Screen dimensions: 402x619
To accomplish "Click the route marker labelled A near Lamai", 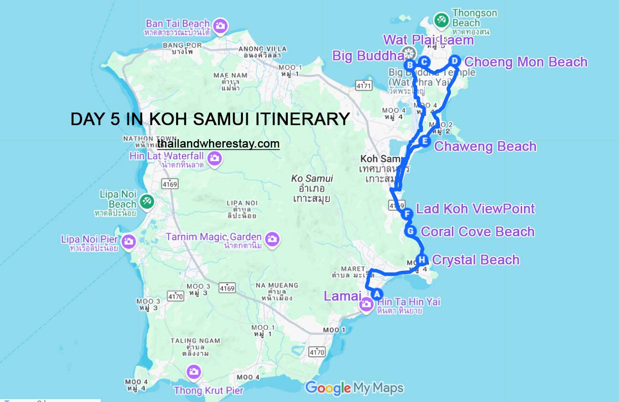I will pyautogui.click(x=376, y=294).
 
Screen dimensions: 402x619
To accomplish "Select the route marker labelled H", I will pyautogui.click(x=422, y=260).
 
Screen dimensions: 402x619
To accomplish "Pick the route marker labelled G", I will pyautogui.click(x=410, y=231).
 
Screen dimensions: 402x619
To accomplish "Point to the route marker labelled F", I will pyautogui.click(x=407, y=214).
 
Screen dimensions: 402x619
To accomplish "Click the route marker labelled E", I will pyautogui.click(x=425, y=141).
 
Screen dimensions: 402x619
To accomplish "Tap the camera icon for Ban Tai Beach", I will pyautogui.click(x=220, y=26).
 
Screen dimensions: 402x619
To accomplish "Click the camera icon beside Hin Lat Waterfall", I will pyautogui.click(x=214, y=158).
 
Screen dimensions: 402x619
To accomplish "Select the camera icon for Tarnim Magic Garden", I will pyautogui.click(x=272, y=239).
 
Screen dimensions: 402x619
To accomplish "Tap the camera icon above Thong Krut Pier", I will pyautogui.click(x=193, y=371).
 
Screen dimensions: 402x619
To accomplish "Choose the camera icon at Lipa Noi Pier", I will pyautogui.click(x=128, y=241).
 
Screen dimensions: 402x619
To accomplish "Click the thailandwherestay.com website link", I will pyautogui.click(x=218, y=144).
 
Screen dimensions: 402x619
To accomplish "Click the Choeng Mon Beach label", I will pyautogui.click(x=526, y=62).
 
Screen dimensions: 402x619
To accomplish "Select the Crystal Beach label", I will pyautogui.click(x=475, y=260).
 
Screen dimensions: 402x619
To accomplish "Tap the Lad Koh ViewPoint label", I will pyautogui.click(x=475, y=208).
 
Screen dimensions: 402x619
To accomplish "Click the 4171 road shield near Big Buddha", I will pyautogui.click(x=363, y=85).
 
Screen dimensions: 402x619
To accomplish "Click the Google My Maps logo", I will pyautogui.click(x=354, y=388).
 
